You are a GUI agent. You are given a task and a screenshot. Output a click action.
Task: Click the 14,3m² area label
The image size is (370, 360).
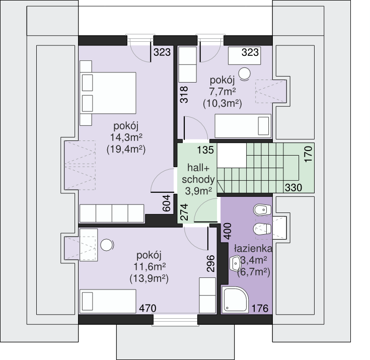(x=126, y=137)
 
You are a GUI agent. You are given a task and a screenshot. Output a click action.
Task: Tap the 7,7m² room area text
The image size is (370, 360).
(x=223, y=92)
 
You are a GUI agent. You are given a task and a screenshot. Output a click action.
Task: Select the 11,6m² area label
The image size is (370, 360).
(x=150, y=267)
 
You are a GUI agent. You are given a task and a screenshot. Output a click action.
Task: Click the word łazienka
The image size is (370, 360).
(x=253, y=248)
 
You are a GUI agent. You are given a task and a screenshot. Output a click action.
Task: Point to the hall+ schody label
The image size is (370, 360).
(x=198, y=174)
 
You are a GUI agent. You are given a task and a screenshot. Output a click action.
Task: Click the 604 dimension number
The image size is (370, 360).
(x=166, y=203)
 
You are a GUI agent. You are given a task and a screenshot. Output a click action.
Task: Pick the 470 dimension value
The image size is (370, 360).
(x=147, y=308)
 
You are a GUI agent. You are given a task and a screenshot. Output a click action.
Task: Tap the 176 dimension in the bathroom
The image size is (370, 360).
(x=260, y=308)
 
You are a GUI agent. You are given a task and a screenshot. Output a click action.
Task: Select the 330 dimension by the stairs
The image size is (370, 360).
(x=293, y=188)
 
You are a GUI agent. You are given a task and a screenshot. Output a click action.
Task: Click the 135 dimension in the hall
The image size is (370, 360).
(x=205, y=150)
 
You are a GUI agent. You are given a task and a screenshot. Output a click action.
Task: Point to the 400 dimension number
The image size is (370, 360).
(x=228, y=231)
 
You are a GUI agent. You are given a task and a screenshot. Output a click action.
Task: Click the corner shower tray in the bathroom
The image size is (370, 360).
(x=235, y=300)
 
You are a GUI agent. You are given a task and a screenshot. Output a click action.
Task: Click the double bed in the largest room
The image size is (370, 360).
(x=108, y=93)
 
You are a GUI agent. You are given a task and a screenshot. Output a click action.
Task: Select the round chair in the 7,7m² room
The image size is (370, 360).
(x=245, y=74)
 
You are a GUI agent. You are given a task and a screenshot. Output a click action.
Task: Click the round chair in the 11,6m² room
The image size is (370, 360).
(x=107, y=245)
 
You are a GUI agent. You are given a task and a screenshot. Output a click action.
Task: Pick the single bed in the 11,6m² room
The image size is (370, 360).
(x=108, y=301)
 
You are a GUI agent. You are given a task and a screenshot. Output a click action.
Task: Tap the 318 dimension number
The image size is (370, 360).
(x=184, y=95)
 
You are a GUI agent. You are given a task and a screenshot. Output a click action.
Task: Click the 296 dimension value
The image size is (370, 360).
(x=210, y=263)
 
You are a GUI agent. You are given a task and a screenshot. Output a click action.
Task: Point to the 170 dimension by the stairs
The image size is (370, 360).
(x=308, y=154)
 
